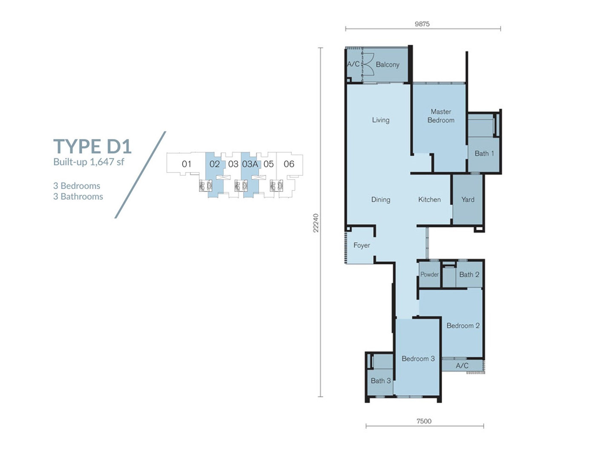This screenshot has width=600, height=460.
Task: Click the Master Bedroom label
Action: coord(441,116)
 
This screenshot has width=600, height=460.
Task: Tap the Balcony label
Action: coord(387,65)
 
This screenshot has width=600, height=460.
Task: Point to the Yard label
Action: coord(468,200)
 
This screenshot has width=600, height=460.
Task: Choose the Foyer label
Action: coord(361,245)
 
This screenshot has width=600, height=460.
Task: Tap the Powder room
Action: coord(429,274)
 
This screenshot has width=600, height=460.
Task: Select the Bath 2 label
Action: coord(469,275)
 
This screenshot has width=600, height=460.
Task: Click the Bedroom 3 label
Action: coord(418,359)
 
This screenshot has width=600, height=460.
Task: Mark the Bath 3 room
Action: coord(380,381)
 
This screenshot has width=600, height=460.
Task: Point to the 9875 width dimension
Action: coord(422,24)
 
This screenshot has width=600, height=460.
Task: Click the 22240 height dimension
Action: coord(316,223)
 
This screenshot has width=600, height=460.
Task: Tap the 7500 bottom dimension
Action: coord(424,421)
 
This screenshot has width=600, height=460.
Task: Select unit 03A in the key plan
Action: coord(250,164)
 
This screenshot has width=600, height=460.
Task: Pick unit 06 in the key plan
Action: coord(289,164)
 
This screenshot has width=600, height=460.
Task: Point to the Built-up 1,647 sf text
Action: coord(89,162)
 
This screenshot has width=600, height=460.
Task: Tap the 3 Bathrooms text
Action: coord(78,197)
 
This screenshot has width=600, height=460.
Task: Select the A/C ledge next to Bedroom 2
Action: coord(462,366)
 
